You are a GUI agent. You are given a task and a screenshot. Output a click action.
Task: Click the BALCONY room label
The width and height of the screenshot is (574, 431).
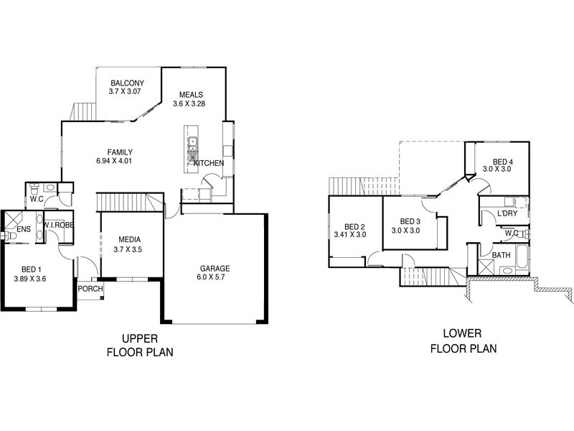[x=128, y=83]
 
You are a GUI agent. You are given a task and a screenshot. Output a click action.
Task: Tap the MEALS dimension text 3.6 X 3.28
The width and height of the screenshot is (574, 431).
[x=189, y=103]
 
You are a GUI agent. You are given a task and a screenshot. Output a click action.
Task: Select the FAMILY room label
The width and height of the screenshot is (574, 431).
[x=120, y=152]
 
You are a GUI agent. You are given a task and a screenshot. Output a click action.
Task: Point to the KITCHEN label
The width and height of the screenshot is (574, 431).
[x=209, y=163]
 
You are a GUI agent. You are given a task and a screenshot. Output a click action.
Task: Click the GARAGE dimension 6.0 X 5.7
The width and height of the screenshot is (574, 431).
[x=211, y=277]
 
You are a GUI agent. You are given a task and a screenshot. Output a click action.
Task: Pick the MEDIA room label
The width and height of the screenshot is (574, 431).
[x=130, y=240]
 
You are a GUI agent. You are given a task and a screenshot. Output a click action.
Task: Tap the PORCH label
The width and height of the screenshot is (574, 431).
[x=90, y=289]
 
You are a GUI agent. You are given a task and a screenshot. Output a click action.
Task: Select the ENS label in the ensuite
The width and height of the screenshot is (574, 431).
[x=24, y=229]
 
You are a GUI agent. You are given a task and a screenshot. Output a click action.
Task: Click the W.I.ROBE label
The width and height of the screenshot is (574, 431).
[x=59, y=225]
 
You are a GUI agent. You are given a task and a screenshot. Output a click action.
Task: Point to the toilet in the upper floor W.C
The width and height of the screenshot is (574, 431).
[x=34, y=190]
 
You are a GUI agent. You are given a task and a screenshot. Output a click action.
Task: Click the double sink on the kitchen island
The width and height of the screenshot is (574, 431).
[x=192, y=144]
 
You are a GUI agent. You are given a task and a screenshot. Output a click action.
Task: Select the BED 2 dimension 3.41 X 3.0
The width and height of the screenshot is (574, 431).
[x=350, y=235]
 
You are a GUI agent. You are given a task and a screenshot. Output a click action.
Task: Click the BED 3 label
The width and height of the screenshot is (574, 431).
[x=410, y=221]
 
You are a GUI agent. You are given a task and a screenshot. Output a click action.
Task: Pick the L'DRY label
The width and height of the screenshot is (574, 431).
[x=507, y=213]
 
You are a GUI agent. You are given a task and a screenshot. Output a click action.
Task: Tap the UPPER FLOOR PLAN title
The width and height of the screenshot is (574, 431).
[x=140, y=346]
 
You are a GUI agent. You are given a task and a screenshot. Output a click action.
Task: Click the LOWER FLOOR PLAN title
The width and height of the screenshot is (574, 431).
[x=464, y=340]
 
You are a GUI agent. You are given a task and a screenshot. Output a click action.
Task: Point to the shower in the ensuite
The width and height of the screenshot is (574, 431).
[x=13, y=220]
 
